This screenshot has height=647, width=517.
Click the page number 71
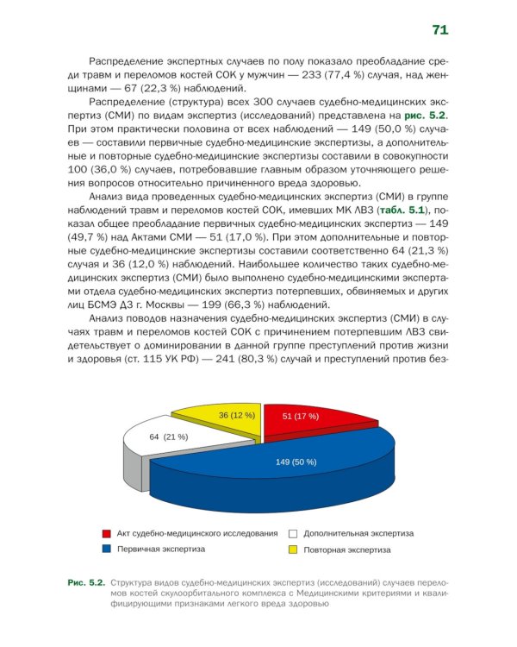(439, 30)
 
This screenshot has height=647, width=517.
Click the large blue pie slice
(284, 470)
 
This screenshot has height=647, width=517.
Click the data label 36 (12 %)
(236, 415)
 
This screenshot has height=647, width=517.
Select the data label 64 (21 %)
(169, 437)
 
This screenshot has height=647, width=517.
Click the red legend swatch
(107, 534)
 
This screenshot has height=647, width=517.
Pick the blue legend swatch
(107, 549)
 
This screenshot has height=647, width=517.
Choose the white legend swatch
(294, 534)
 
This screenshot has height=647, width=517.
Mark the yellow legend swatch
(294, 550)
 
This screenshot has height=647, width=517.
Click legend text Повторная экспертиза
(347, 550)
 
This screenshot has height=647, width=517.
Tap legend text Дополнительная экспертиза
(358, 534)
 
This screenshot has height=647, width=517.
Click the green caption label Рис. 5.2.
(87, 582)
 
